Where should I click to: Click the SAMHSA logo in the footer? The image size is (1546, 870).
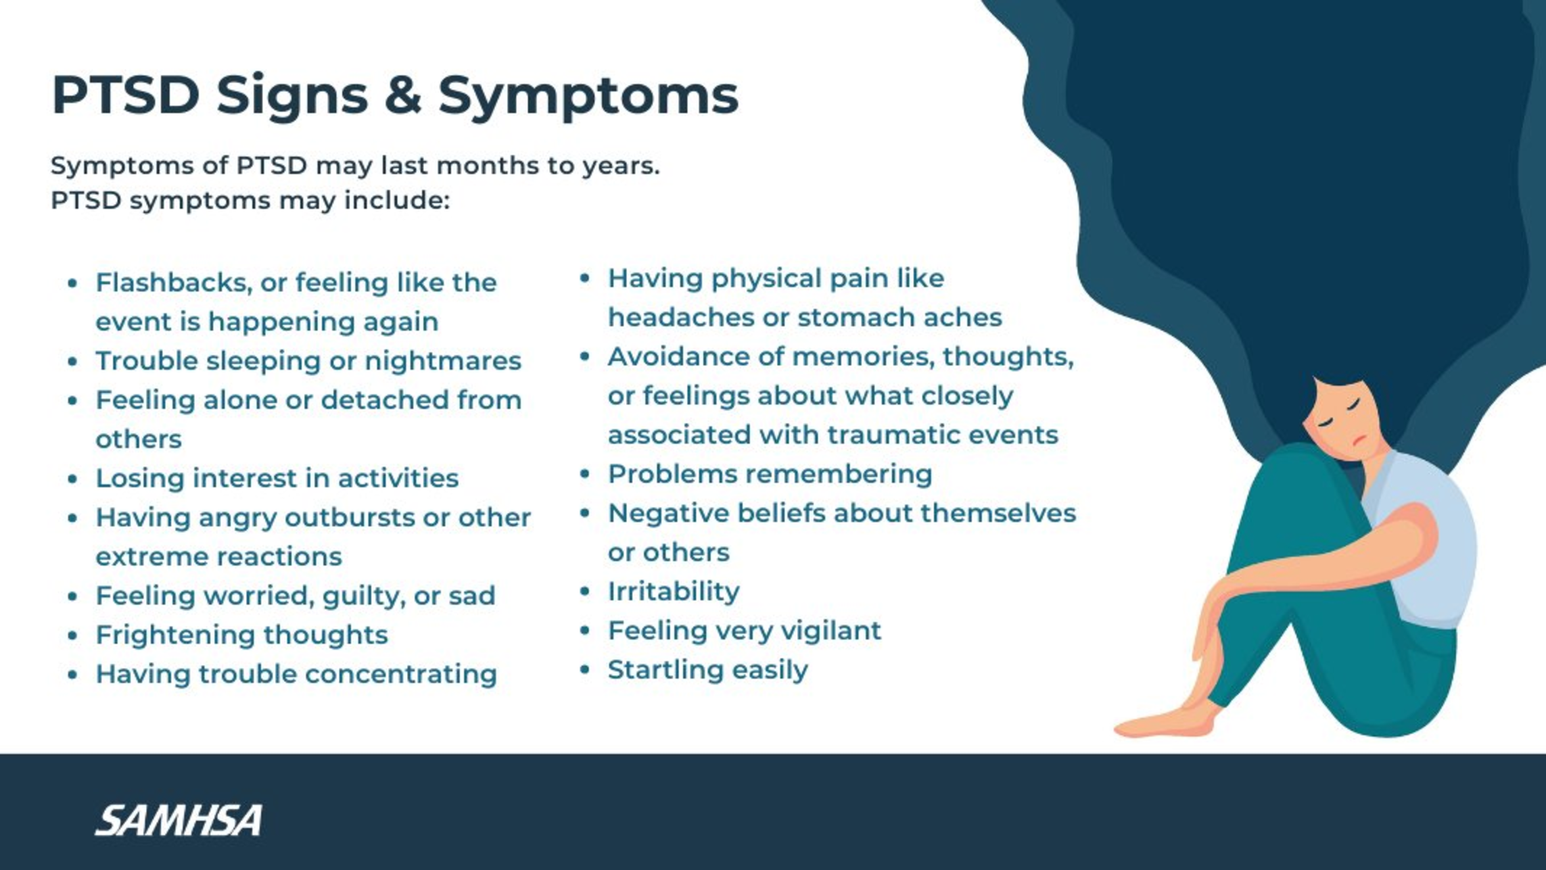pos(179,821)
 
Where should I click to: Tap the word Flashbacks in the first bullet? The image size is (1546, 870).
pos(174,283)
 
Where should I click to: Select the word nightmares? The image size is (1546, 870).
pos(443,361)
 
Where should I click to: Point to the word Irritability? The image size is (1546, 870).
pos(674,591)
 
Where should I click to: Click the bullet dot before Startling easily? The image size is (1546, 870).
pos(586,670)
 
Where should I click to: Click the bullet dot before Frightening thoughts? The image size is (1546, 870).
pos(73,635)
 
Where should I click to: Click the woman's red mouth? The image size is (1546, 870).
pos(1359,441)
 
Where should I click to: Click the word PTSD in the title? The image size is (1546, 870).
pos(125,95)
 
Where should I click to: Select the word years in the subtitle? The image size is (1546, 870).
pos(622,166)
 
